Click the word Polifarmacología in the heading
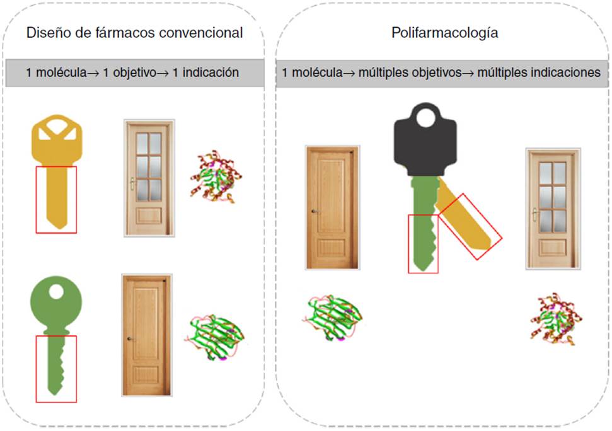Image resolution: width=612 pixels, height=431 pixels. coord(444,33)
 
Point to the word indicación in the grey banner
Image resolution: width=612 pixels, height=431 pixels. coord(212,72)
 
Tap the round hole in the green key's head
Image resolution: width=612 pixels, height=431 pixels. coord(57,292)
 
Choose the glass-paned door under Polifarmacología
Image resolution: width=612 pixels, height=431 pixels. coord(553,208)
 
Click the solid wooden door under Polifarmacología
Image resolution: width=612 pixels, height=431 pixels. coord(332,207)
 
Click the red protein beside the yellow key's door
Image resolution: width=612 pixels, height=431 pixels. coord(216,176)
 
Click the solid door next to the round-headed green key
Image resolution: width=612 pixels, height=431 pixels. coord(146,335)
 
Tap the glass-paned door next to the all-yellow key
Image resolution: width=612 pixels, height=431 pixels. coord(148,177)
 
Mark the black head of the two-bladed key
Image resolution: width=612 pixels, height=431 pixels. coord(425,142)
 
